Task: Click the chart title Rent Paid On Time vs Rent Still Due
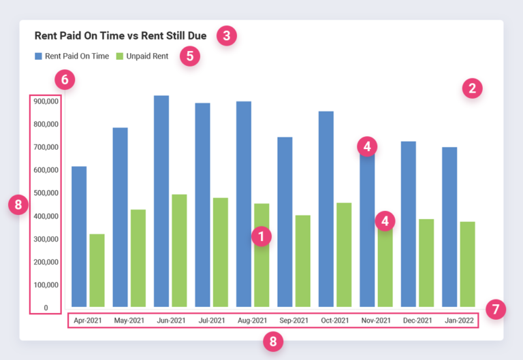click(x=121, y=35)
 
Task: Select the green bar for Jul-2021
click(x=220, y=252)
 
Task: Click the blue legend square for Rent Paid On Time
click(x=38, y=56)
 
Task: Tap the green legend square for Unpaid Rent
click(x=120, y=56)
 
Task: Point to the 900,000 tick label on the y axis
click(x=45, y=101)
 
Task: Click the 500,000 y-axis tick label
click(x=45, y=193)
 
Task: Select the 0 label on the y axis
click(x=46, y=308)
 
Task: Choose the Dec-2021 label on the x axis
click(x=417, y=321)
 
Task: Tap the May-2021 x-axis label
click(x=129, y=321)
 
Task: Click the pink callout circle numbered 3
click(x=226, y=35)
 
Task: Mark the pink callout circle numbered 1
click(x=261, y=236)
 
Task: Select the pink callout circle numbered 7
click(x=496, y=310)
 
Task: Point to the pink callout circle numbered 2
click(x=472, y=88)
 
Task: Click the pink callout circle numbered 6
click(x=65, y=80)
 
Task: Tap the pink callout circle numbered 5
click(x=190, y=56)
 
